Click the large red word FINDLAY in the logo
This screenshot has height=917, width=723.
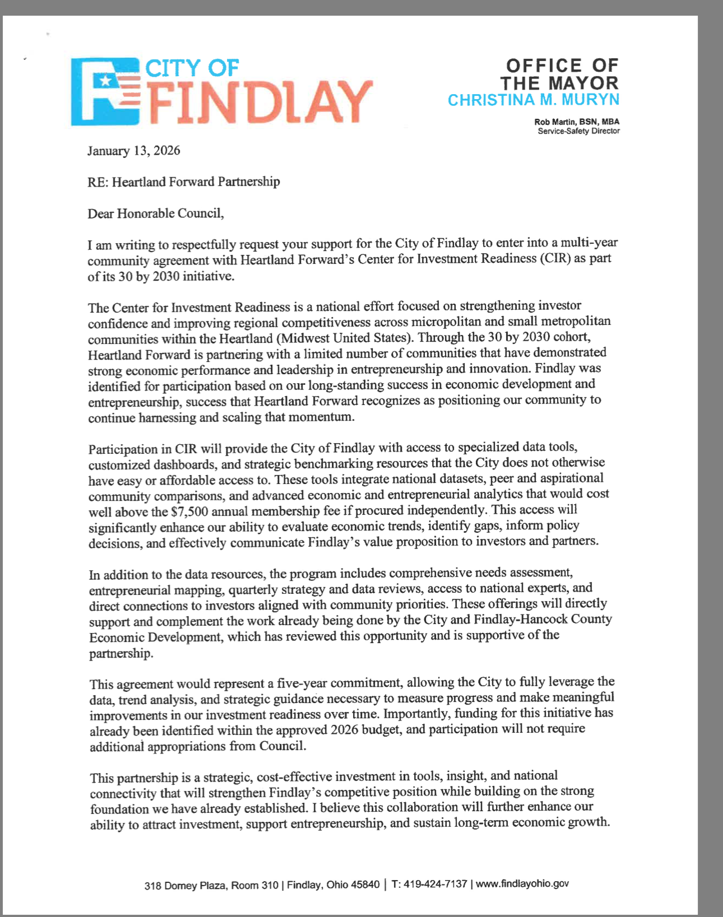pyautogui.click(x=259, y=103)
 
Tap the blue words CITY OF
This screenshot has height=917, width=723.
pyautogui.click(x=192, y=68)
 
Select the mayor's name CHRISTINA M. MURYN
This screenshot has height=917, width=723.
pyautogui.click(x=533, y=100)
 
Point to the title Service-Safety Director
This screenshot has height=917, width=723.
pyautogui.click(x=578, y=131)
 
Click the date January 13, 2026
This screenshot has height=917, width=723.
pyautogui.click(x=133, y=151)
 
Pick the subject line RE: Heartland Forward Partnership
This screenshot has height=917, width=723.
pyautogui.click(x=183, y=182)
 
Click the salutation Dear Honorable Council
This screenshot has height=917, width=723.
pyautogui.click(x=155, y=213)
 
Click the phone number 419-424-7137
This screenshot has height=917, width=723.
pyautogui.click(x=435, y=884)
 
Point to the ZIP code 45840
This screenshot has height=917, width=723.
pyautogui.click(x=365, y=885)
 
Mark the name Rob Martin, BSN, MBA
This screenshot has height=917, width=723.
pyautogui.click(x=577, y=122)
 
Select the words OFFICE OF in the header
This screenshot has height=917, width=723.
pyautogui.click(x=562, y=66)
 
